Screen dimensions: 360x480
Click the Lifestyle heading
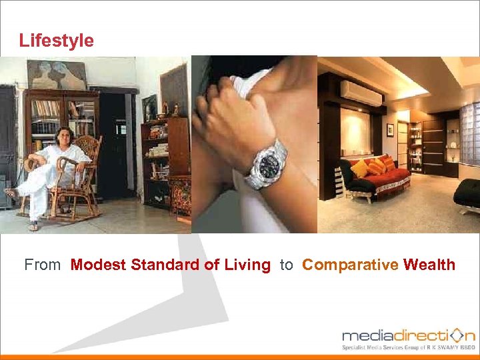pyautogui.click(x=57, y=41)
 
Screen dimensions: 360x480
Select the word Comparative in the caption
pyautogui.click(x=349, y=265)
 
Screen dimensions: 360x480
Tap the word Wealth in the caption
pyautogui.click(x=429, y=265)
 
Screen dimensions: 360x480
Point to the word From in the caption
pyautogui.click(x=42, y=265)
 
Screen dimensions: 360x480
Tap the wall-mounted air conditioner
pyautogui.click(x=361, y=93)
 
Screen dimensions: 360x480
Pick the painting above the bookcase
pyautogui.click(x=56, y=74)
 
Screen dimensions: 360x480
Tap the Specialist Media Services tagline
pyautogui.click(x=408, y=347)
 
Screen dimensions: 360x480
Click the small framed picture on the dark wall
pyautogui.click(x=389, y=129)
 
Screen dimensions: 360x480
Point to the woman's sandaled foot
pyautogui.click(x=11, y=193)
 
